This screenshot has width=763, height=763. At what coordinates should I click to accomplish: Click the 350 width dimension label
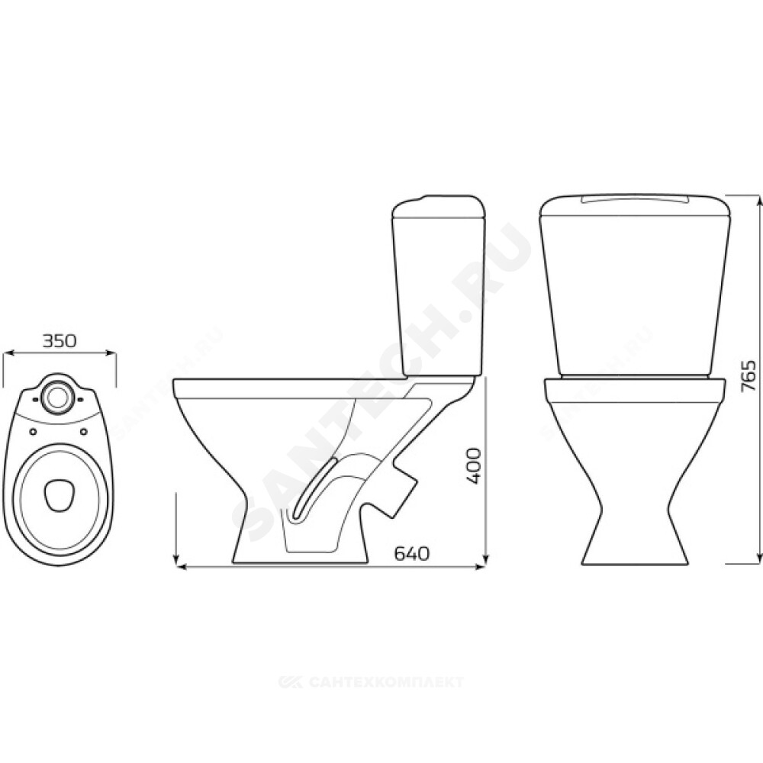[60, 341]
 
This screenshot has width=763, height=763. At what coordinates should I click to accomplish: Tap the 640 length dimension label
[412, 552]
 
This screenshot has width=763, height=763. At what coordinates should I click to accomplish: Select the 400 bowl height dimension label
[472, 466]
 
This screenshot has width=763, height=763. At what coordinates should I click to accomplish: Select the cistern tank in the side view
[439, 286]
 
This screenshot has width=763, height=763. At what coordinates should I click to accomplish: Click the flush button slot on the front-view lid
[636, 199]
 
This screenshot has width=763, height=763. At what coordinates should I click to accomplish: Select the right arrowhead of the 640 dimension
[481, 566]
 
